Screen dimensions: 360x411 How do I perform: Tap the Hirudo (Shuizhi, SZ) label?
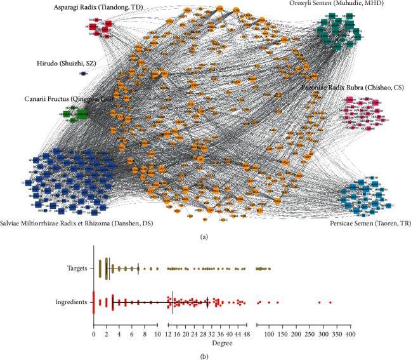pos(79,63)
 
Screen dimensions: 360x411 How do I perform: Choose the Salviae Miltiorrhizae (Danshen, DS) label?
pos(82,223)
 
